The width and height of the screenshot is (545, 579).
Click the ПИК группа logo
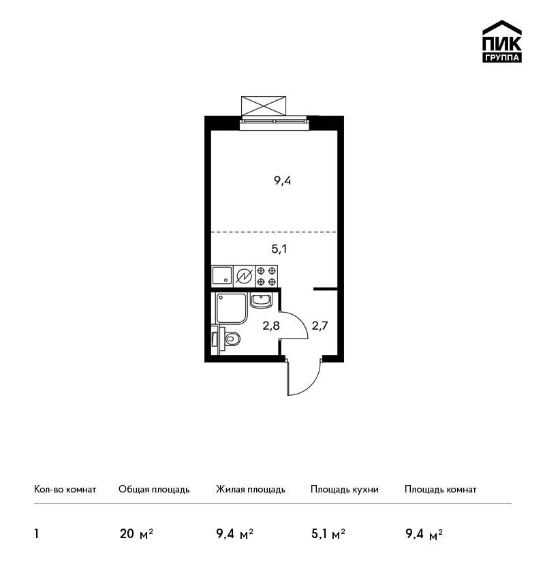[502, 42]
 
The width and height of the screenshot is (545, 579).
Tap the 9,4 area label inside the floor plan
[282, 181]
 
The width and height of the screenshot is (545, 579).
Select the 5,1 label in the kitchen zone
[279, 249]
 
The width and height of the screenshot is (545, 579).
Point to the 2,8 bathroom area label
[271, 326]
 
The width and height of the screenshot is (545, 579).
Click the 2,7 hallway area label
[320, 326]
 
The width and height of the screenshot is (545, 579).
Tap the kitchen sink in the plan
[222, 276]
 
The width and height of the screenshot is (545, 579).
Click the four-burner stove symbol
[266, 276]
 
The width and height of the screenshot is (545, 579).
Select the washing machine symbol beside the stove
[244, 276]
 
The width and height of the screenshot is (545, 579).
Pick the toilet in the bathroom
[227, 339]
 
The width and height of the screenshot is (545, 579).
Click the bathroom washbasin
[261, 300]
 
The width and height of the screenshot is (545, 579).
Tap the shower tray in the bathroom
[231, 309]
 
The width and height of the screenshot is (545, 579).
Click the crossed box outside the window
[263, 106]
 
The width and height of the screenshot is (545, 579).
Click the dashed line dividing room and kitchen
[274, 232]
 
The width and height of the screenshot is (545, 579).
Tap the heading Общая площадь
[154, 489]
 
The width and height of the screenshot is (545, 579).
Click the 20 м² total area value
[136, 534]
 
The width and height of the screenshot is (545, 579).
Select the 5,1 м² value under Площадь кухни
[328, 534]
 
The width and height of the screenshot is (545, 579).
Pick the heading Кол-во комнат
[65, 489]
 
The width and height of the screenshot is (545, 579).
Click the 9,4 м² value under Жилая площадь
[234, 534]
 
